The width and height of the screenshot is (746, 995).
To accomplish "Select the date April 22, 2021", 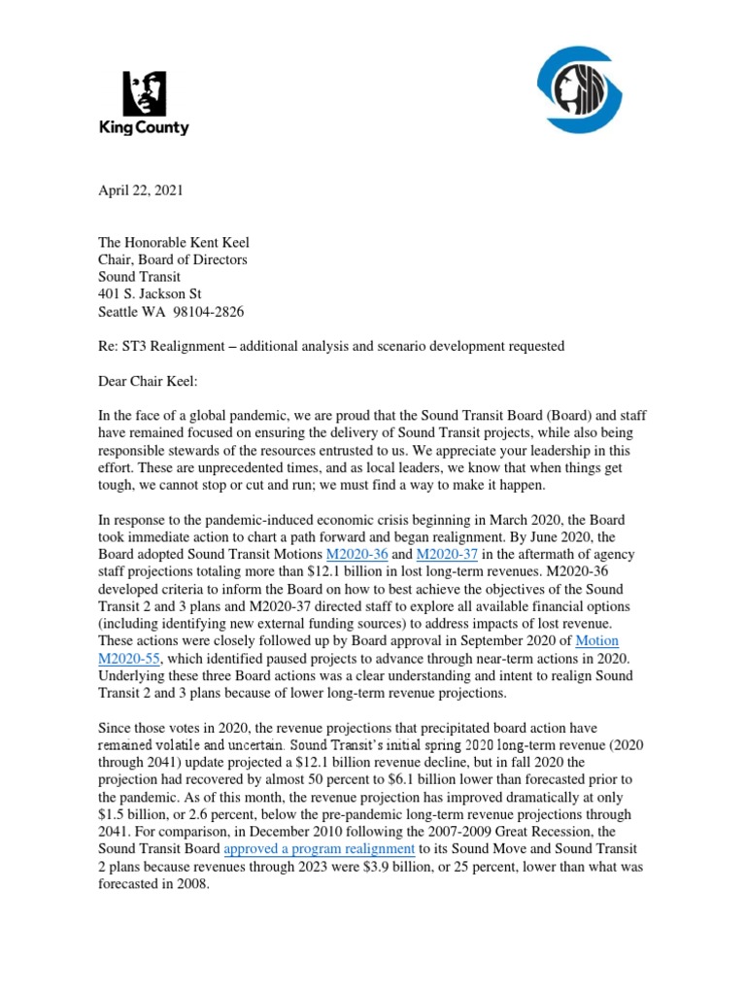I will pos(140,190).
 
